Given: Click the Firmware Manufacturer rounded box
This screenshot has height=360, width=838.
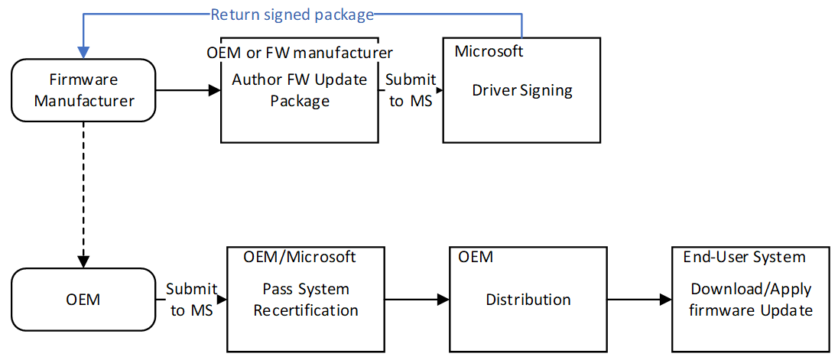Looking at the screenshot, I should pyautogui.click(x=83, y=90).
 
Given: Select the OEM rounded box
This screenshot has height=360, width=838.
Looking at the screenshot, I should pyautogui.click(x=83, y=299).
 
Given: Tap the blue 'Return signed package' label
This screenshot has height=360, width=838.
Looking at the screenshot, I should pyautogui.click(x=292, y=14).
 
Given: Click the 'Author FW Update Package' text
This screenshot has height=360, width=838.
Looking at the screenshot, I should pyautogui.click(x=300, y=90).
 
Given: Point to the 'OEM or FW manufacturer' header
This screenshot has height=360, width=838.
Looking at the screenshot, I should pyautogui.click(x=300, y=53).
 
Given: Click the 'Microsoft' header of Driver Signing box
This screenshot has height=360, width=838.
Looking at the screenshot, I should pyautogui.click(x=489, y=51).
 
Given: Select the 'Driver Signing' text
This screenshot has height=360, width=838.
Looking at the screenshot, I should pyautogui.click(x=521, y=90).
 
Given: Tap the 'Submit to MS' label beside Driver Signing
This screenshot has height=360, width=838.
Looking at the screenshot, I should pyautogui.click(x=411, y=90).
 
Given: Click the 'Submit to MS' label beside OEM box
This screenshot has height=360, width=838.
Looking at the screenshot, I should pyautogui.click(x=192, y=299).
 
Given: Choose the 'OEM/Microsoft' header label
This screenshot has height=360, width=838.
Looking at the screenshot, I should pyautogui.click(x=300, y=258).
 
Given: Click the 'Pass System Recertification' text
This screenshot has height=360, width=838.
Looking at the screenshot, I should pyautogui.click(x=306, y=300).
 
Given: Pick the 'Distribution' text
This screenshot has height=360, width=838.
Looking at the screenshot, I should pyautogui.click(x=528, y=300).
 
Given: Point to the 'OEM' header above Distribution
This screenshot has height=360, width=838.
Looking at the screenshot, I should pyautogui.click(x=475, y=258).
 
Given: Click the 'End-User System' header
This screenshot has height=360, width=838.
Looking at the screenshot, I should pyautogui.click(x=744, y=258).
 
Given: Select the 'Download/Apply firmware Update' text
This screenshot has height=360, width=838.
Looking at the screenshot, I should pyautogui.click(x=751, y=300).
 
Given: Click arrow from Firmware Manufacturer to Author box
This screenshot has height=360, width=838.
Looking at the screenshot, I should pyautogui.click(x=188, y=90).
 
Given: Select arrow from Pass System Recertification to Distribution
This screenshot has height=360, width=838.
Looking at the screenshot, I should pyautogui.click(x=414, y=300).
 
